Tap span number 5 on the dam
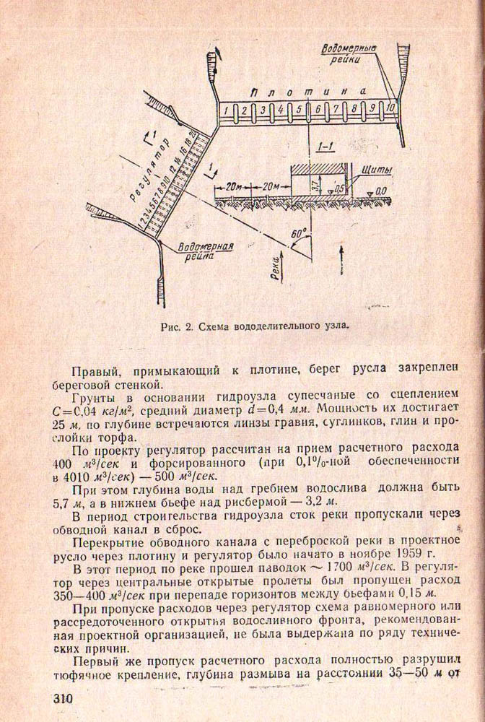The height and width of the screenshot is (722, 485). tap(298, 110)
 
